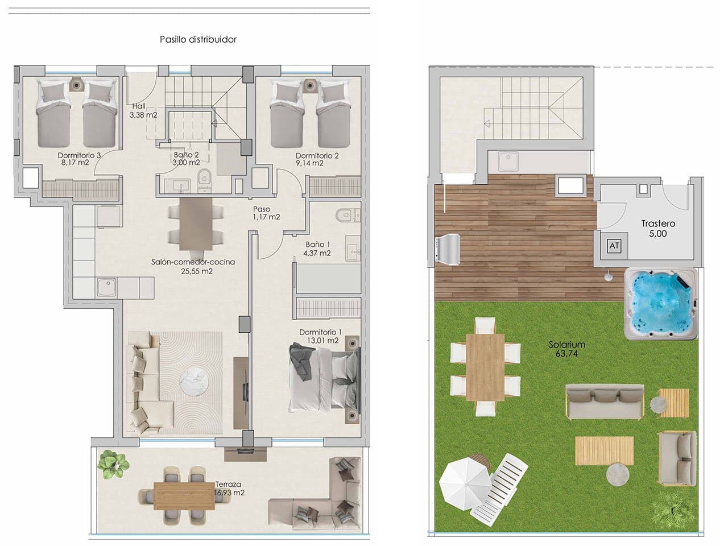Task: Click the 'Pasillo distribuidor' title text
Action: point(198,39)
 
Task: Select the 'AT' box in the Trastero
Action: point(614,246)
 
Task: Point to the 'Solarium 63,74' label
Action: point(566,349)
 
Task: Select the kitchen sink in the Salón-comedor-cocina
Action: point(106,287)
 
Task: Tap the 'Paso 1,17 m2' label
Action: point(266,213)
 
